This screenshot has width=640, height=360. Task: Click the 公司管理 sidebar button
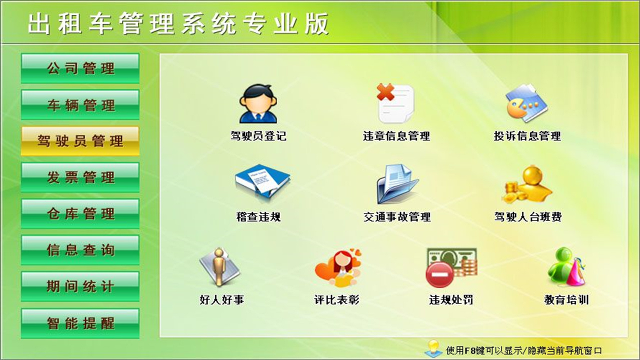pos(80,68)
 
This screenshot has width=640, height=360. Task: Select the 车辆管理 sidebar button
pos(80,105)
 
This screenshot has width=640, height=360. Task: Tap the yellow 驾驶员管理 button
pos(80,141)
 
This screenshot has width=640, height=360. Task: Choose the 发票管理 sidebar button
pos(80,177)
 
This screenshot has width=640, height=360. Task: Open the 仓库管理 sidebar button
pos(80,214)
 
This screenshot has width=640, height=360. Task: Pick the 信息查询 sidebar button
pos(80,250)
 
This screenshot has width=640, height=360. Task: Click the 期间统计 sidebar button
pos(80,286)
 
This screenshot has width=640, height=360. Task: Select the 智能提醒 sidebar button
pos(80,323)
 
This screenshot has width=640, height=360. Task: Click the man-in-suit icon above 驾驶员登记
pos(258,104)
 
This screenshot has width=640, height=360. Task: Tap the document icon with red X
pos(395,103)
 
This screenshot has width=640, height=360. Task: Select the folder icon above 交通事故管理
pos(397,183)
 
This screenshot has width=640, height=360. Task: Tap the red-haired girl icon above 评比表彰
pos(338,267)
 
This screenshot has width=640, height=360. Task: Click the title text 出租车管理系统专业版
pos(178,24)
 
